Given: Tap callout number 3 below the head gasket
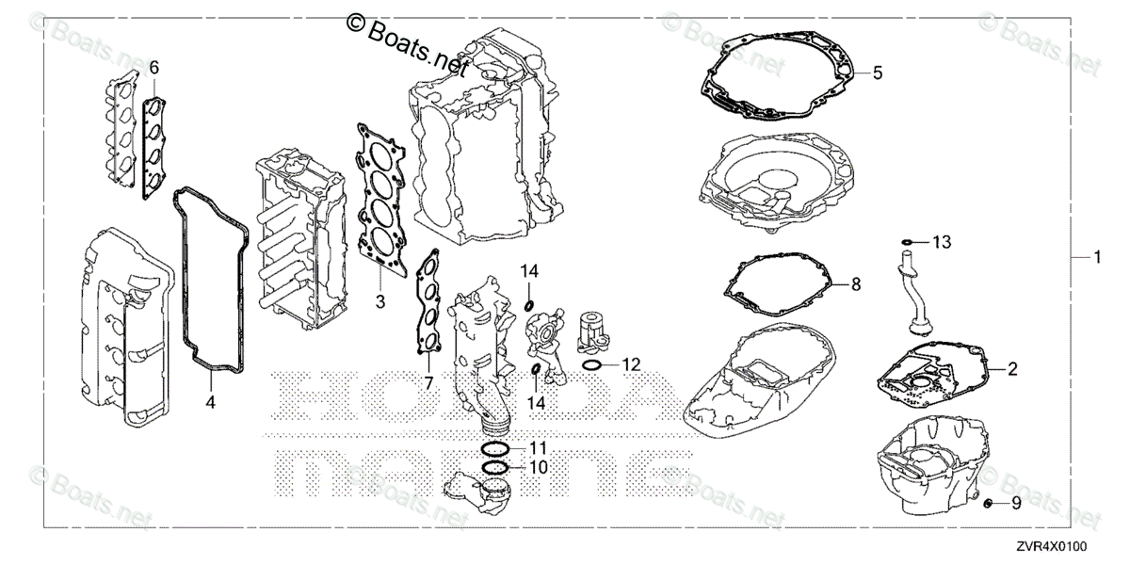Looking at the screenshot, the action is click(379, 301).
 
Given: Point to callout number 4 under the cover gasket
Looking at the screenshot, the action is click(210, 402).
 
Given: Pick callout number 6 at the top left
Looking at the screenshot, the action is click(153, 67).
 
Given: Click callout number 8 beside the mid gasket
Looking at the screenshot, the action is click(855, 283).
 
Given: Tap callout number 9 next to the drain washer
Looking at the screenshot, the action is click(1016, 504).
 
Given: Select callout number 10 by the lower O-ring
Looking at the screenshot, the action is click(538, 466).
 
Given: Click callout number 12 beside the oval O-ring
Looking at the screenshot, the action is click(630, 363).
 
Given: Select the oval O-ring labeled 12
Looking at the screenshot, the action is click(592, 363).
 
